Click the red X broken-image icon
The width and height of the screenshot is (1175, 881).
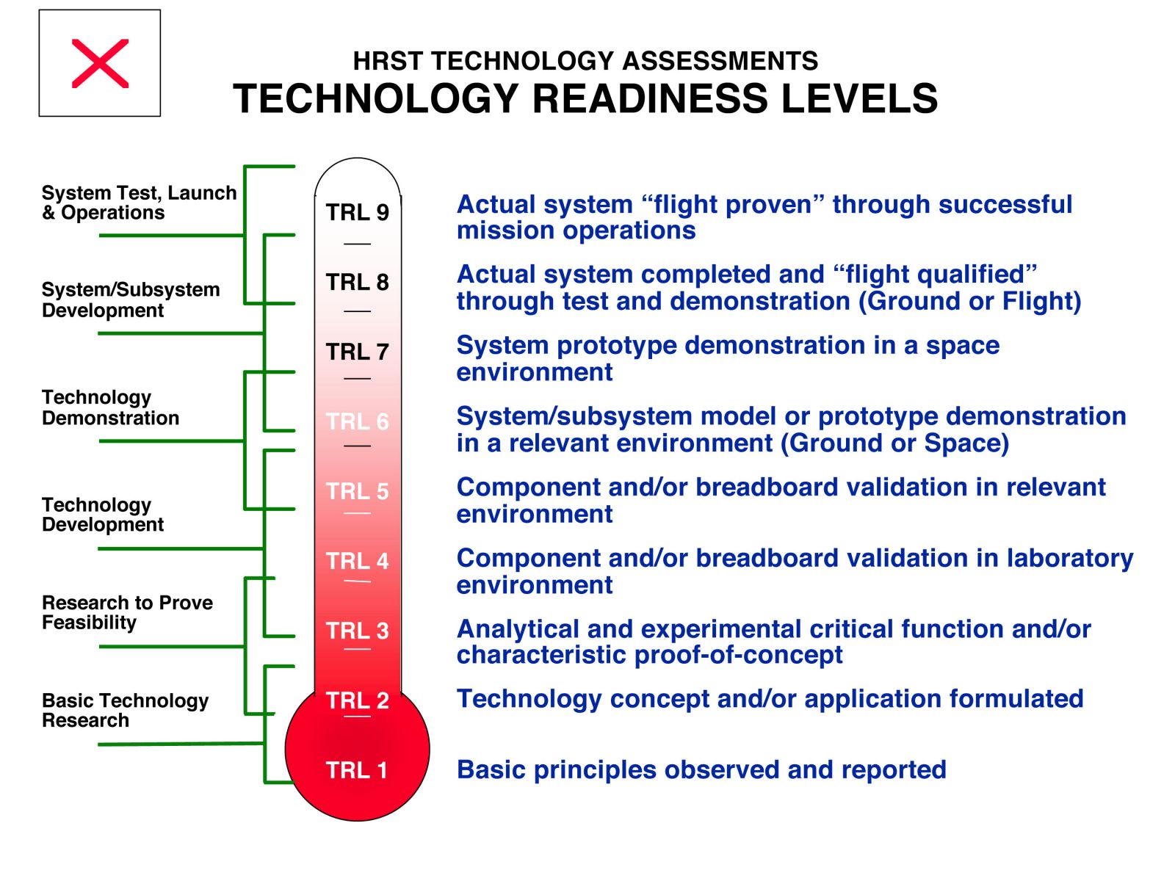pos(100,63)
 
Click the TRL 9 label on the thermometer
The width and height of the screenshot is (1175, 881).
pos(357,212)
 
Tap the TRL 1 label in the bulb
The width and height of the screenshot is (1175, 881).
pos(356,770)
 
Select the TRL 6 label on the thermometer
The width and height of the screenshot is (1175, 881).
pos(357,421)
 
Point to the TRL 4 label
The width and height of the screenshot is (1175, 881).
pos(357,561)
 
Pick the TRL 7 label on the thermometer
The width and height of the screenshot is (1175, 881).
pos(357,352)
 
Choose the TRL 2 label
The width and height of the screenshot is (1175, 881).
pos(357,700)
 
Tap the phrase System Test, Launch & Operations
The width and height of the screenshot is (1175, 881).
pos(140,203)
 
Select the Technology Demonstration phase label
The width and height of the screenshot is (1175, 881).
pos(110,407)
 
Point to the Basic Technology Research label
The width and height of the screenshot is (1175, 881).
pos(126,711)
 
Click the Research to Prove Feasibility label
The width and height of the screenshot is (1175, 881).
pos(127,612)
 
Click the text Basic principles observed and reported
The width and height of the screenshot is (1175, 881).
pos(701,770)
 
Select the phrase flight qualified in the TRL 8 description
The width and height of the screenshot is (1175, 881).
pos(935,275)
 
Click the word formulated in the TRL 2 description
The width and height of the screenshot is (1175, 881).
pos(1016,699)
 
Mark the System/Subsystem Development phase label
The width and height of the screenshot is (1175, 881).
pos(131,300)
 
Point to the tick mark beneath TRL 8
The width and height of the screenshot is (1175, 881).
pos(357,311)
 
